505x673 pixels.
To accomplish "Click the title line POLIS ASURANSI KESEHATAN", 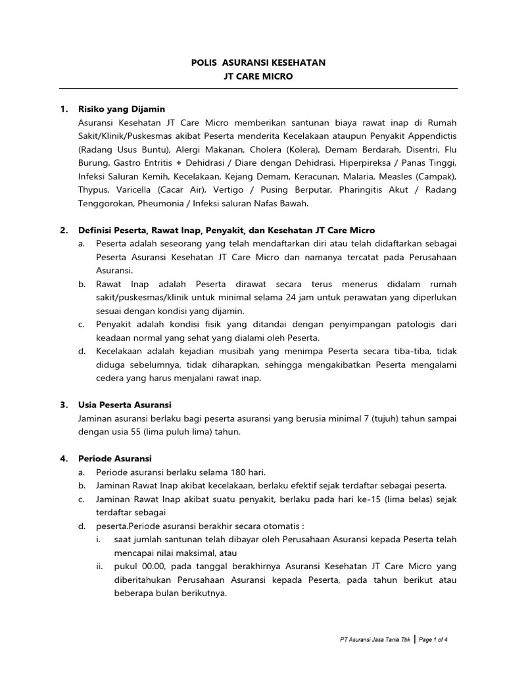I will (x=258, y=62).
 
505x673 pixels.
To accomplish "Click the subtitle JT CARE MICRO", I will (x=258, y=76).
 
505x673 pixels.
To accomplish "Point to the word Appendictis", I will (x=430, y=136).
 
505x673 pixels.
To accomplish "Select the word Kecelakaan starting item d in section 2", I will (x=122, y=352).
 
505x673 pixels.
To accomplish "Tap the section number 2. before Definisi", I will (x=64, y=231).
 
